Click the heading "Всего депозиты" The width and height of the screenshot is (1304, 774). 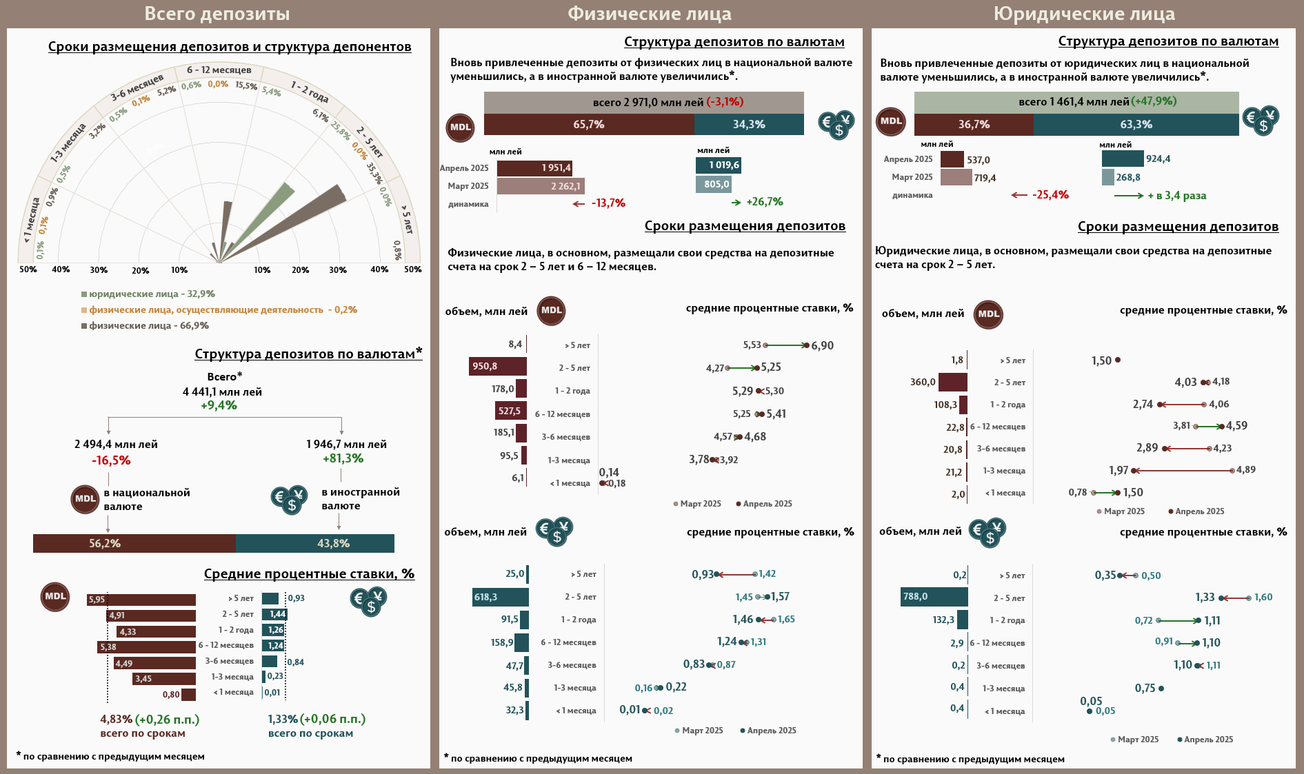click(x=217, y=14)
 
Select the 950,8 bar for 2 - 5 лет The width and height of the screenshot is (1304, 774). click(x=497, y=367)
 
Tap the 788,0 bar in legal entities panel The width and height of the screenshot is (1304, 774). click(x=934, y=597)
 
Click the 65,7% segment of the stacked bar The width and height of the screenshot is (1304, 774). click(x=588, y=125)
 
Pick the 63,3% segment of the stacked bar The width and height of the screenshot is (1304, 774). click(x=1136, y=125)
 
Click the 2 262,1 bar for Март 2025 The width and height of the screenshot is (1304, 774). click(x=540, y=186)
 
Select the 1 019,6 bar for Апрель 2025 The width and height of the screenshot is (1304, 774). click(x=718, y=165)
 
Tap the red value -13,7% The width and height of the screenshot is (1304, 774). click(x=608, y=203)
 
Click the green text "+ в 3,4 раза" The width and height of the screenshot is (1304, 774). click(x=1176, y=196)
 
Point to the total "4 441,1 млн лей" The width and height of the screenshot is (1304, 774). click(x=222, y=391)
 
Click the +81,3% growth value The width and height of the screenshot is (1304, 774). click(x=343, y=458)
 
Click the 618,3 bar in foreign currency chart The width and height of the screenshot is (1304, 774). click(x=500, y=597)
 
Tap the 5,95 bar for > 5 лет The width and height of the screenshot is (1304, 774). click(x=141, y=600)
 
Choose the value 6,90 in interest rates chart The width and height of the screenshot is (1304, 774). click(x=822, y=345)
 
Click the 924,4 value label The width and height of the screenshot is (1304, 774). click(x=1158, y=159)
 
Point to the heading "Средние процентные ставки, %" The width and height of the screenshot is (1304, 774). click(x=309, y=573)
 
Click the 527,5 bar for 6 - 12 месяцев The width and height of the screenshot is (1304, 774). click(x=510, y=411)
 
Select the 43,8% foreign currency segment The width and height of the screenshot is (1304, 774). click(x=315, y=543)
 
